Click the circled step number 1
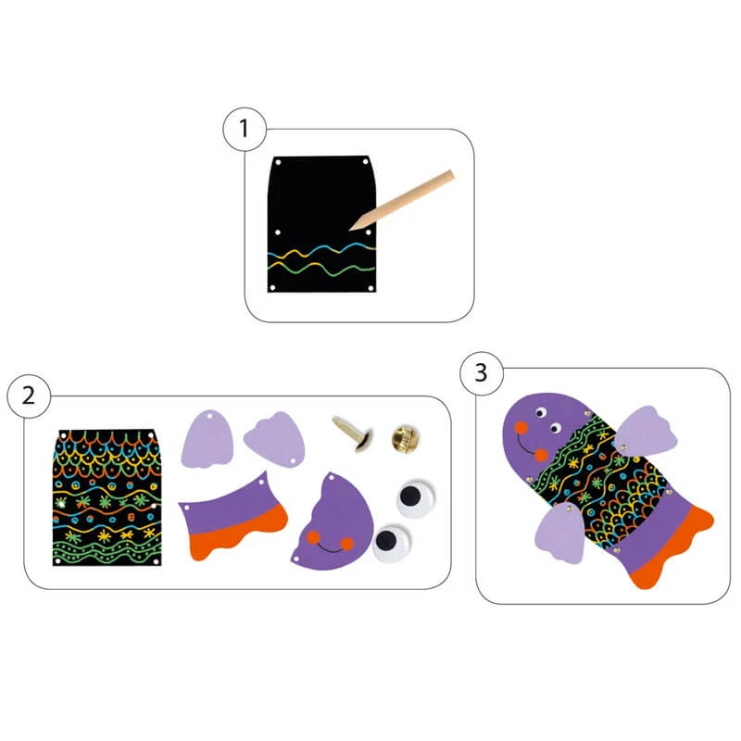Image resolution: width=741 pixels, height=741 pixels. coord(245,129)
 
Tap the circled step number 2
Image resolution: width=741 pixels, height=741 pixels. coord(29,396)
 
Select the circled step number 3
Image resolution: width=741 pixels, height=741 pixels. coord(481,373)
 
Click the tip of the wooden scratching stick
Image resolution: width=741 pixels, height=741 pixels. coord(350,230)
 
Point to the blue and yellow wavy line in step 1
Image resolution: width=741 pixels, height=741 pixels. coord(321,252)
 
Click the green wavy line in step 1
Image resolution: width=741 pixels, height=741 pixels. coord(321,270)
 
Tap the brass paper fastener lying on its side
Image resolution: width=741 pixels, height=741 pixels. coord(354,433)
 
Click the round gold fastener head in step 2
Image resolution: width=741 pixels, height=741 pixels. coord(406,439)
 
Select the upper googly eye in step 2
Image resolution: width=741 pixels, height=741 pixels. coord(414,499)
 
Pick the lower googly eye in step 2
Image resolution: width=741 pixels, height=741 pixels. coord(390,543)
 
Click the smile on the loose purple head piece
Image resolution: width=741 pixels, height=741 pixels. coord(330,548)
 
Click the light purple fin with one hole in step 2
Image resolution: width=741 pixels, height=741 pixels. coord(207,439)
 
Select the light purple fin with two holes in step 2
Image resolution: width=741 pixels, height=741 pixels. coord(275,438)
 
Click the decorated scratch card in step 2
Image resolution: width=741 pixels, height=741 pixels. coord(107,497)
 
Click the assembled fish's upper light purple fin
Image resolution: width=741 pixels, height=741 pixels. coord(646,431)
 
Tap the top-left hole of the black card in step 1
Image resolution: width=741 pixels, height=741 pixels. coord(279,163)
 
